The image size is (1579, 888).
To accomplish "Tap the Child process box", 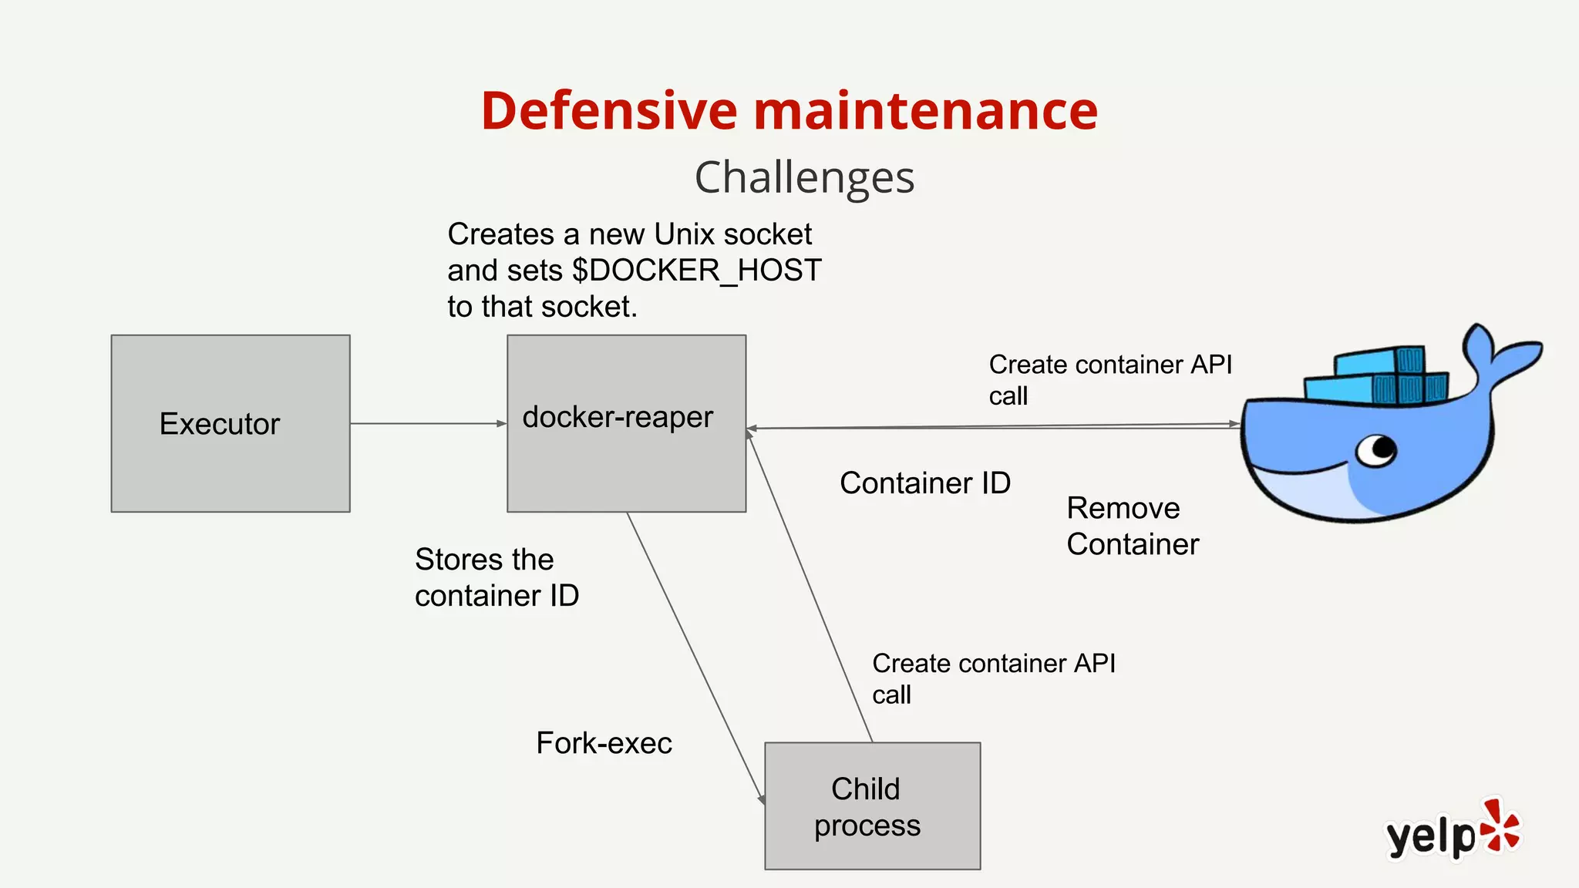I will tap(872, 806).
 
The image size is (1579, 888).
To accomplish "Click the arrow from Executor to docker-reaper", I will tap(428, 423).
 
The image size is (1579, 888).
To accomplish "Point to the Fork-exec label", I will tap(604, 743).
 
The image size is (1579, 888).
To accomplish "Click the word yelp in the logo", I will tap(1430, 836).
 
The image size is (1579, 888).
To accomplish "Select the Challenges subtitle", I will tap(804, 177).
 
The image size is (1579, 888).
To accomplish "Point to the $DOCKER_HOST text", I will tap(697, 271).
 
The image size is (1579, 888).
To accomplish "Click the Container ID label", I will tap(924, 483).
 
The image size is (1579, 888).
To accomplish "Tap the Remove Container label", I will tap(1132, 526).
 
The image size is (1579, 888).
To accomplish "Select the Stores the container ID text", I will tap(496, 577).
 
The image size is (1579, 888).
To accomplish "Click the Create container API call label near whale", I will tap(1109, 379).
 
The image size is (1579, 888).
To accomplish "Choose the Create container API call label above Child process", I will tap(993, 678).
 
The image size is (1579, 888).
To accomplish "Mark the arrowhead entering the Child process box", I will tap(761, 799).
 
